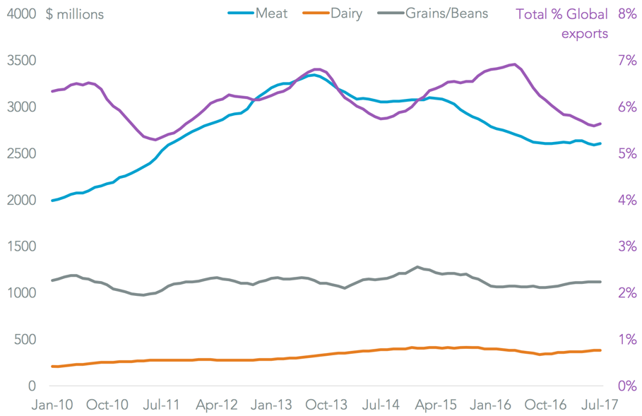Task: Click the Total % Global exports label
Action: tap(561, 23)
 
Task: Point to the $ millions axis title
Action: tap(74, 14)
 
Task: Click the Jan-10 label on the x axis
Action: tap(53, 405)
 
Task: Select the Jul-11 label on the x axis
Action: tap(162, 405)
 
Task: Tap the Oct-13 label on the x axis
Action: tap(328, 405)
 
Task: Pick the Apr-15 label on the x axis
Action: tap(437, 405)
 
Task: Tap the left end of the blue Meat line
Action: tap(52, 201)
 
